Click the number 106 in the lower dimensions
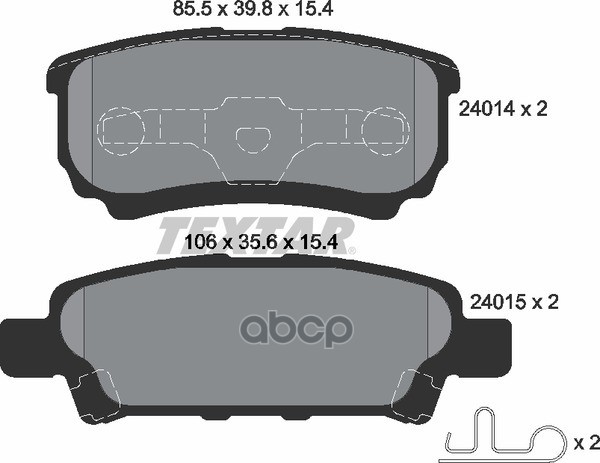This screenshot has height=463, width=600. tap(201, 242)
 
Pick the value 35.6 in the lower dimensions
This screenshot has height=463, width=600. tap(257, 242)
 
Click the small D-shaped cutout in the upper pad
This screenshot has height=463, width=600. tap(253, 139)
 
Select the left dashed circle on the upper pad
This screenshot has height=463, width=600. tap(121, 131)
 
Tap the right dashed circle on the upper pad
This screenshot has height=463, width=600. tap(386, 131)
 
